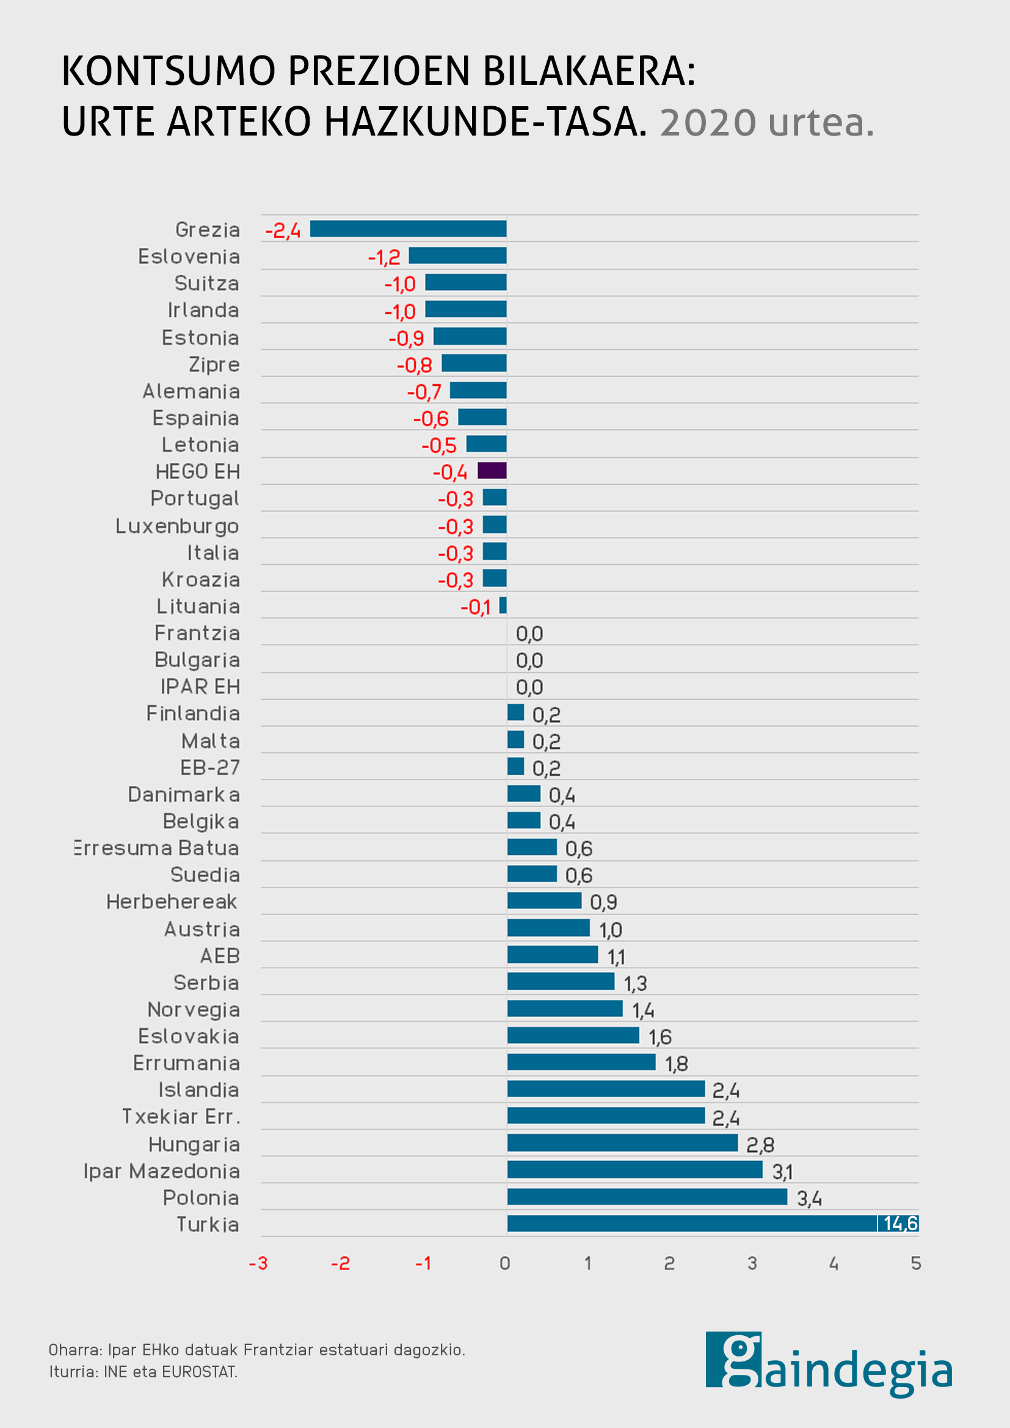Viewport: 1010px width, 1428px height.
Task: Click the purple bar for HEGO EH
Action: [x=492, y=471]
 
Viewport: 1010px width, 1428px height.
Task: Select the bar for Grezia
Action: [x=408, y=229]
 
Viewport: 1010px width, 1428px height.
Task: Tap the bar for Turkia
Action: [x=692, y=1223]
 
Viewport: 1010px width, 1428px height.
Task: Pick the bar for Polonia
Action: [x=647, y=1197]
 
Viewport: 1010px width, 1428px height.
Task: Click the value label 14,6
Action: [x=900, y=1223]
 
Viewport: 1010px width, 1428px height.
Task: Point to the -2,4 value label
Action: [x=283, y=231]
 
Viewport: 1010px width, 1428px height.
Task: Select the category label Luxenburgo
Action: [x=177, y=526]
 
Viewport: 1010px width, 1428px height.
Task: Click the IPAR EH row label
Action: [x=200, y=687]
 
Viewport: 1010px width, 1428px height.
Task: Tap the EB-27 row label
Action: [x=209, y=767]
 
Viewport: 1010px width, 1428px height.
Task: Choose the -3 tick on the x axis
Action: [x=258, y=1263]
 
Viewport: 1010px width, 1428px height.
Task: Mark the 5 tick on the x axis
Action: [x=915, y=1263]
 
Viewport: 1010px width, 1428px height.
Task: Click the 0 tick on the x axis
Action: [x=505, y=1263]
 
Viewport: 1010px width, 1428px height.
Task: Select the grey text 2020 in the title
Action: [x=708, y=123]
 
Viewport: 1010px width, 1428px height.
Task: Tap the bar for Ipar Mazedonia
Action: [x=634, y=1170]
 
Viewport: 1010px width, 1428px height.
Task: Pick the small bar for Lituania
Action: [x=503, y=605]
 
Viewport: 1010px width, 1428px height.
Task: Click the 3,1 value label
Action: [x=782, y=1172]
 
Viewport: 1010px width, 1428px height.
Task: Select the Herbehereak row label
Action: [x=172, y=901]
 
